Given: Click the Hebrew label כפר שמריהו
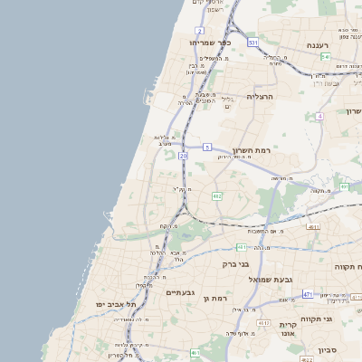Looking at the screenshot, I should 212,42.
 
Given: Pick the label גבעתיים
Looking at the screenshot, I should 181,292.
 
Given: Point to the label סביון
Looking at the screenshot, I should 327,348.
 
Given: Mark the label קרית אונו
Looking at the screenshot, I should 288,329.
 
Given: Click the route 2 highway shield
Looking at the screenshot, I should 199,31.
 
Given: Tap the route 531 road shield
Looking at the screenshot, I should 252,43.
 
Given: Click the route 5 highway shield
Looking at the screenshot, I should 207,147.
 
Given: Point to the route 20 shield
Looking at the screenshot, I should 183,156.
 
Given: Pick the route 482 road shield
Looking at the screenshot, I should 217,195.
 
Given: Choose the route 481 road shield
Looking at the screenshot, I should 242,246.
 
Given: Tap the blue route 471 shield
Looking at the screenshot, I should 308,294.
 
